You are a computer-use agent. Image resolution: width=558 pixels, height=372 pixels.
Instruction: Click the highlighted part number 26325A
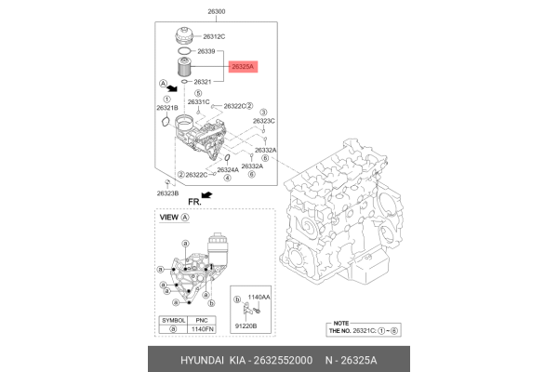pos(244,68)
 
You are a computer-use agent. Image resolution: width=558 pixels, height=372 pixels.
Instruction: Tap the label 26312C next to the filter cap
pos(215,37)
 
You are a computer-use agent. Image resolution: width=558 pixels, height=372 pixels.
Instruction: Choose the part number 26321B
pos(166,108)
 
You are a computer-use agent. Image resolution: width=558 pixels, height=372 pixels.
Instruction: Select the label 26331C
pos(198,101)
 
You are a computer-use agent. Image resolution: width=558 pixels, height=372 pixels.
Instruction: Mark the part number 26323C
pos(264,121)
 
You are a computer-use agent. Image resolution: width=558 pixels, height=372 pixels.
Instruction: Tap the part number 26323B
pos(168,193)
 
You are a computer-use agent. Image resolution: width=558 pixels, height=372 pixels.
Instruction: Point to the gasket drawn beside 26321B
pos(166,120)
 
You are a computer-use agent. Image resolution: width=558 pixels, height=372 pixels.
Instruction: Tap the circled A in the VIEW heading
pos(184,218)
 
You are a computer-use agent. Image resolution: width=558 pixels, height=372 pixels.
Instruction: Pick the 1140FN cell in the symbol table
pos(201,329)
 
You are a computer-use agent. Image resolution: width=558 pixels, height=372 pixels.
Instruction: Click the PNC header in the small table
pos(201,319)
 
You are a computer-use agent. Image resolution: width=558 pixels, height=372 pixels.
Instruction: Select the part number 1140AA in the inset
pos(259,297)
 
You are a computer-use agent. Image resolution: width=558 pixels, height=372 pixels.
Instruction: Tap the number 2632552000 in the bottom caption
pos(276,357)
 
